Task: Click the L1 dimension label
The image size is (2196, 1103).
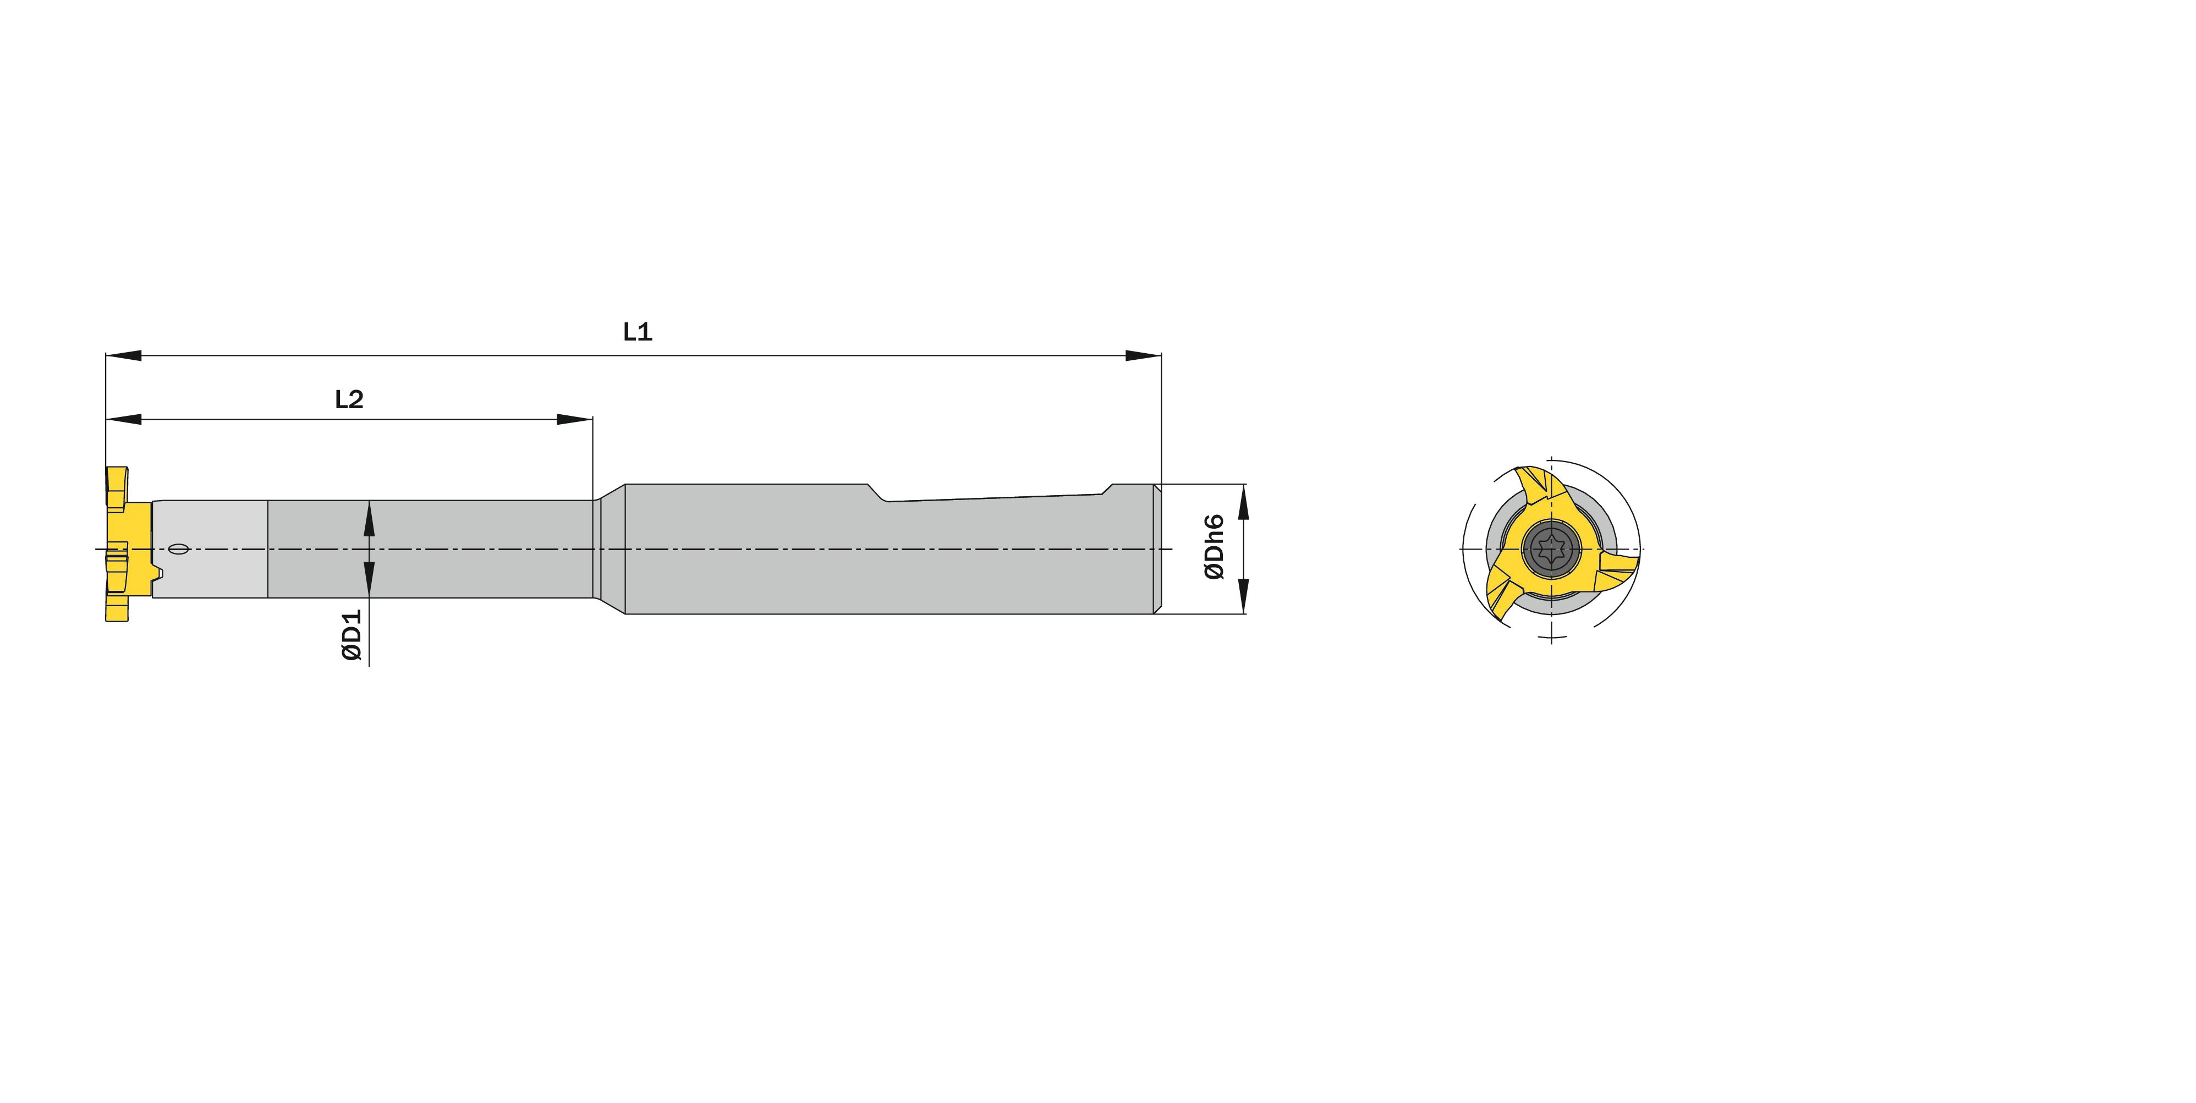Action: pyautogui.click(x=638, y=332)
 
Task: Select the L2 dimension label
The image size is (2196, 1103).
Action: pyautogui.click(x=349, y=399)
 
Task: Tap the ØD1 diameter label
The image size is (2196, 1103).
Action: pyautogui.click(x=352, y=635)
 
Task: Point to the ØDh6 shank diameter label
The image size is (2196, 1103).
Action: pyautogui.click(x=1214, y=547)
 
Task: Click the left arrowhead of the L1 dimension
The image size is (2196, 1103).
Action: pyautogui.click(x=123, y=355)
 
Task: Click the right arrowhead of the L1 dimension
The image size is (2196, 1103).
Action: pyautogui.click(x=1143, y=355)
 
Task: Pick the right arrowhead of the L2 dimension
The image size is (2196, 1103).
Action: pyautogui.click(x=574, y=419)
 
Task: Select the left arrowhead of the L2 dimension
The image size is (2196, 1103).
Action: pyautogui.click(x=123, y=419)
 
